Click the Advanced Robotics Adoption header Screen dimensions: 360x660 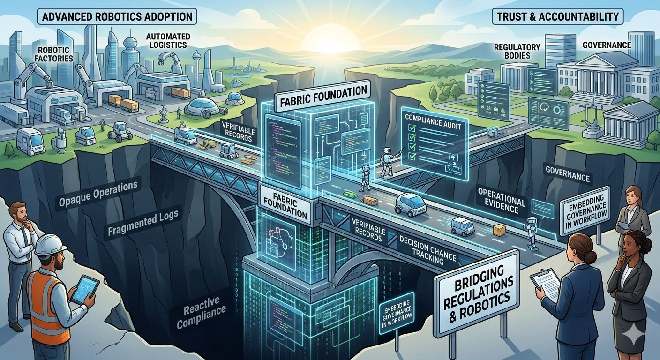coord(117,17)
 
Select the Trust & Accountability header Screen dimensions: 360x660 coord(557,17)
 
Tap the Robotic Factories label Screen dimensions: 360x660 coord(56,54)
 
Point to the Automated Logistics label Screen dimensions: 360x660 coord(166,41)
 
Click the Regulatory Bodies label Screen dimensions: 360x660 coord(517,51)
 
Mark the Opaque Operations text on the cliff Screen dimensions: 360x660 coord(99,193)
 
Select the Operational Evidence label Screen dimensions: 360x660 coord(501,201)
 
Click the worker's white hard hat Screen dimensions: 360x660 coord(50,244)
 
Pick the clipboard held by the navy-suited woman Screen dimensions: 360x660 coord(545,284)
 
